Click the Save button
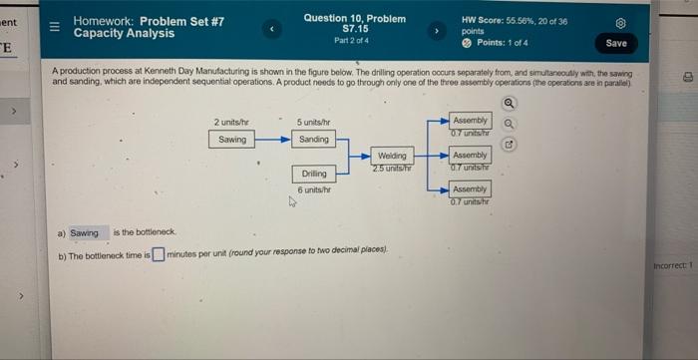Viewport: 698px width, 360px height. [616, 43]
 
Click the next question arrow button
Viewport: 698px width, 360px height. [434, 30]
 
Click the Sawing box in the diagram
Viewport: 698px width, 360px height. [232, 140]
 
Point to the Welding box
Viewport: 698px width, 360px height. [392, 156]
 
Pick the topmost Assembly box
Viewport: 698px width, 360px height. [470, 120]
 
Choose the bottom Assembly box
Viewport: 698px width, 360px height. [470, 188]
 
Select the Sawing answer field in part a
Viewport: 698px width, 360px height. [84, 233]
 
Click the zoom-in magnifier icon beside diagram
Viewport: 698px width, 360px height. [510, 103]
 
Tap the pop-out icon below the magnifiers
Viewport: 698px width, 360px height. [510, 145]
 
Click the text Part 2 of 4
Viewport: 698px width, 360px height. [354, 40]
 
